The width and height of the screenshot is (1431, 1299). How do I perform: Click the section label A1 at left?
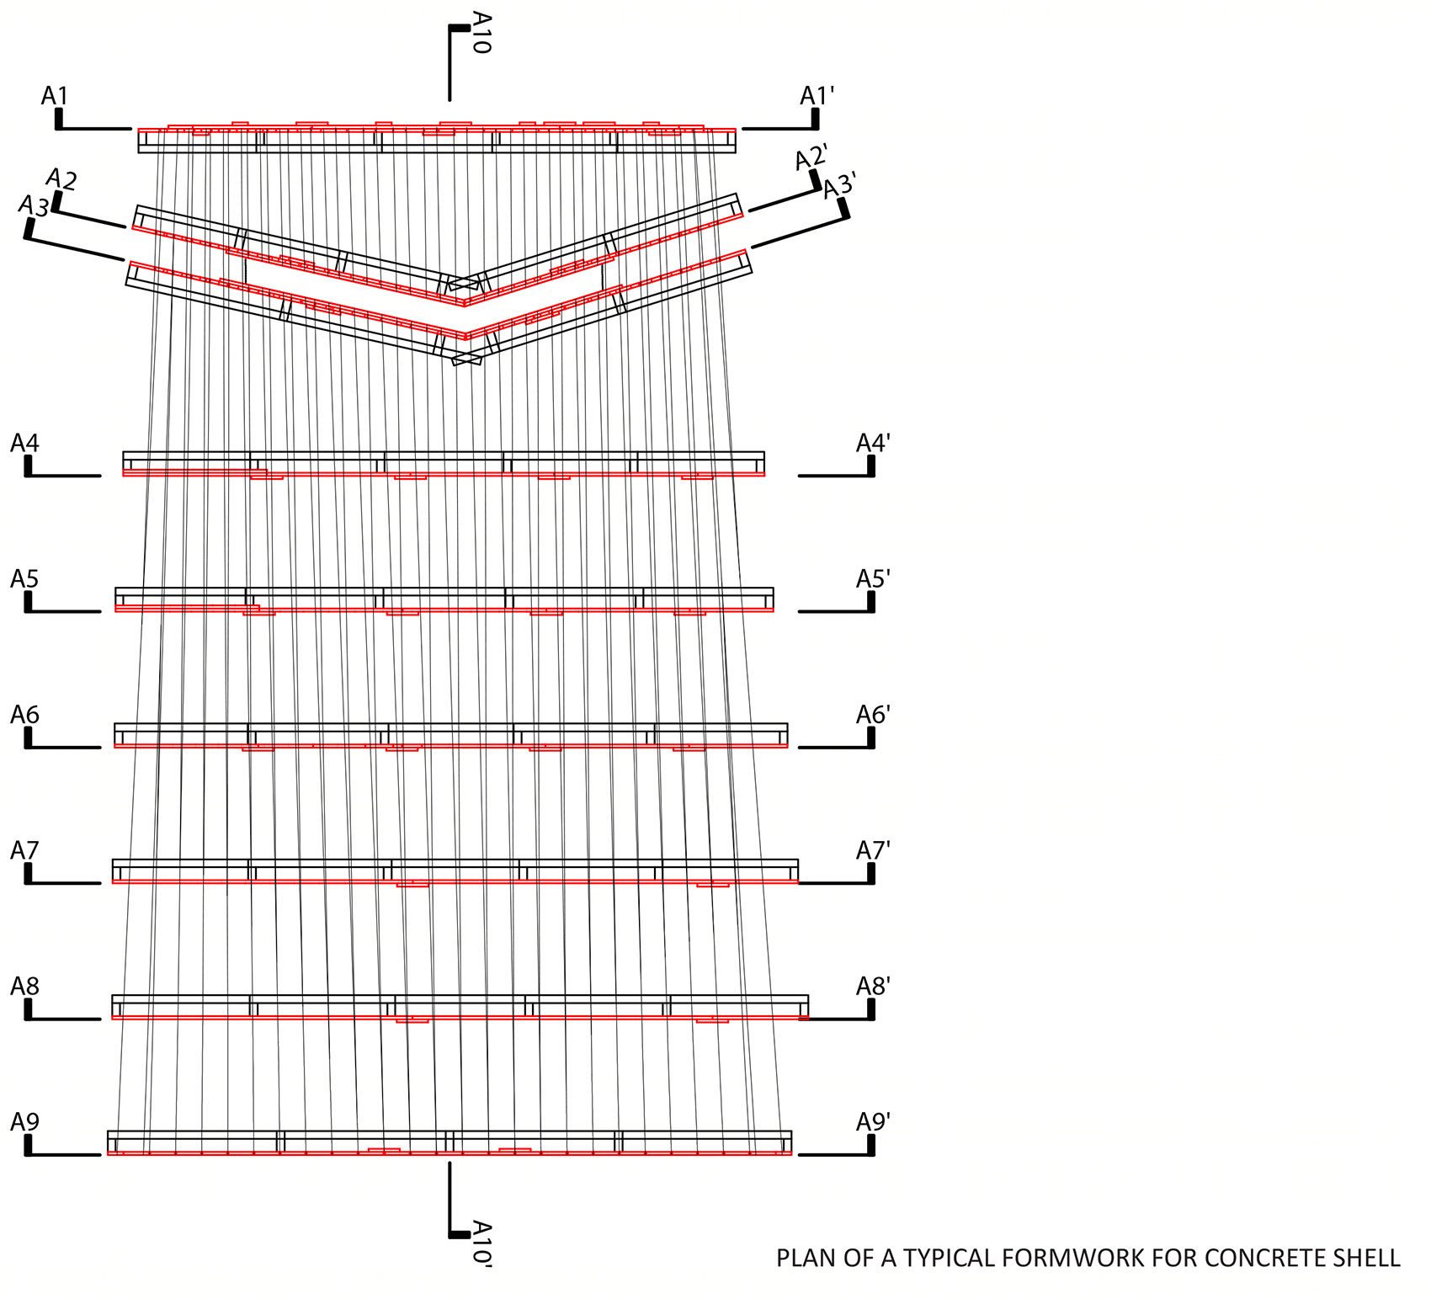point(55,96)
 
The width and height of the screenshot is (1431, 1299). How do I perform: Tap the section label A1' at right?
point(817,96)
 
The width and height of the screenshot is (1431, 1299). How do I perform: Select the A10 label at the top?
point(481,32)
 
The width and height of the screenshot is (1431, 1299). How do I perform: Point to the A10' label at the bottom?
point(481,1243)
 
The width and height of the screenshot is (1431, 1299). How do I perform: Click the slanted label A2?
point(61,178)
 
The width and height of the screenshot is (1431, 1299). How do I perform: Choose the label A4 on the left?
point(25,443)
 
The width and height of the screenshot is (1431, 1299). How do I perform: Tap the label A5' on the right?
point(873,578)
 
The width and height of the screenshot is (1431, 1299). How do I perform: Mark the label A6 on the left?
point(25,715)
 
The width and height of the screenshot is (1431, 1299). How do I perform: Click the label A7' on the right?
point(873,850)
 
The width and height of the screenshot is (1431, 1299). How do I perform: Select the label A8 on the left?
point(25,986)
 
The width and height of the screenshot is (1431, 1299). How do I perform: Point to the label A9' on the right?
point(873,1121)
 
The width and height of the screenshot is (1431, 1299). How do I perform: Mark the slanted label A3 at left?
point(35,205)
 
